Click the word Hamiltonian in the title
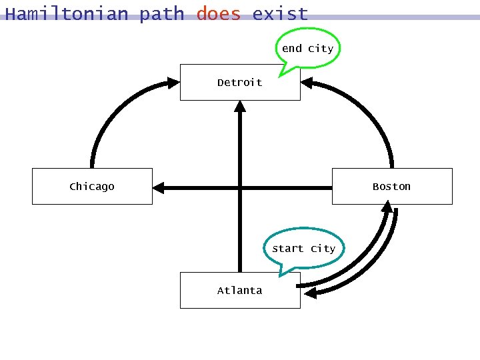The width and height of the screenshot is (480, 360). (66, 14)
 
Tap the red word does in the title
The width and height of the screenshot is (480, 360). (218, 14)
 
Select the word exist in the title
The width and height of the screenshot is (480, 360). (280, 14)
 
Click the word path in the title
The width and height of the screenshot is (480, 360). (162, 14)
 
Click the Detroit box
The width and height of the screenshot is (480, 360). (239, 83)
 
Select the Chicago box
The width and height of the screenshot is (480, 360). (92, 186)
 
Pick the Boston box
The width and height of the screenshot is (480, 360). (392, 186)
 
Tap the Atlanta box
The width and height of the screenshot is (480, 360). (239, 290)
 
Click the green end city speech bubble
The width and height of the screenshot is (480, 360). (307, 48)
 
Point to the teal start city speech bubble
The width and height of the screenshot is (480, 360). (304, 248)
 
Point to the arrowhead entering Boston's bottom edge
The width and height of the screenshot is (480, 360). (387, 208)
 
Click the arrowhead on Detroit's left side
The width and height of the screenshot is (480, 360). (173, 83)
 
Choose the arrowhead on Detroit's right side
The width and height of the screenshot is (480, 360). (307, 83)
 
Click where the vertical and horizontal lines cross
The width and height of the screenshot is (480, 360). (240, 189)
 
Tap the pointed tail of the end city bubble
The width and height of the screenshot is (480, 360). (284, 70)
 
